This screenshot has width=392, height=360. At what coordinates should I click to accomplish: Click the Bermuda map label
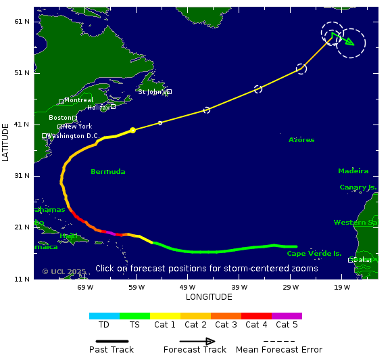click(108, 172)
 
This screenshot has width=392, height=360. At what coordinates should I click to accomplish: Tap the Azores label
click(301, 140)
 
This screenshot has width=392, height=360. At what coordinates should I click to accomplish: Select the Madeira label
click(353, 171)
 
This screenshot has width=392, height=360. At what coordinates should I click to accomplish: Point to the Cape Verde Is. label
click(314, 254)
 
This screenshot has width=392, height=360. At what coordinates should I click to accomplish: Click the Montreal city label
click(78, 100)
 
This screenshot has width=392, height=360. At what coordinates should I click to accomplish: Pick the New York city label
click(77, 127)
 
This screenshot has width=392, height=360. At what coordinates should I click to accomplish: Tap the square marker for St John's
click(169, 91)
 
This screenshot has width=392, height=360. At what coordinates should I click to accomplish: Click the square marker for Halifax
click(113, 106)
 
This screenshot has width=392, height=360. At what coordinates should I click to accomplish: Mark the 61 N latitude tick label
click(22, 21)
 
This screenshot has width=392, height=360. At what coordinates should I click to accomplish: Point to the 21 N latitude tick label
click(22, 227)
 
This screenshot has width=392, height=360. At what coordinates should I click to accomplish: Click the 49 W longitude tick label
click(188, 287)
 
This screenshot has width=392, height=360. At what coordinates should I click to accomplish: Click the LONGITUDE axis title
click(209, 297)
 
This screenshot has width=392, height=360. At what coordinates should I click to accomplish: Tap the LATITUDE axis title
click(6, 141)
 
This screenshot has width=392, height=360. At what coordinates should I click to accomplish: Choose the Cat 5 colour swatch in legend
click(287, 316)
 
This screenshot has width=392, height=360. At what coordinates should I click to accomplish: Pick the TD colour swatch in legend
click(104, 316)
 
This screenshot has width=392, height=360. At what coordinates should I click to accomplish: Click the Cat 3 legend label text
click(226, 325)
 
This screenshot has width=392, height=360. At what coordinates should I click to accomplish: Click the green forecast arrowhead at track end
click(348, 41)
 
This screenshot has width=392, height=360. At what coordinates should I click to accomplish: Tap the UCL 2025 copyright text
click(64, 271)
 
